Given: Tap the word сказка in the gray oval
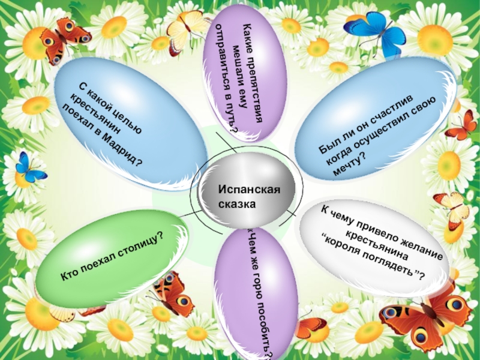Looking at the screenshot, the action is pyautogui.click(x=237, y=204).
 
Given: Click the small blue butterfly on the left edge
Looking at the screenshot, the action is pyautogui.click(x=28, y=167).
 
